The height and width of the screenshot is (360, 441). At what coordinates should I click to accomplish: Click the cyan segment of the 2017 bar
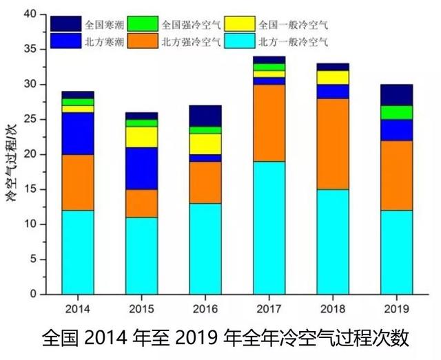click(x=269, y=228)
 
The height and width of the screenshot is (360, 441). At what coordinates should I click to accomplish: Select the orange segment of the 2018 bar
click(x=332, y=144)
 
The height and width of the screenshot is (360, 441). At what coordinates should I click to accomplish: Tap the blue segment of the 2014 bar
click(x=77, y=133)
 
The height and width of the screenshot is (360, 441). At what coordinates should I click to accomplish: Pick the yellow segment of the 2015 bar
click(x=141, y=137)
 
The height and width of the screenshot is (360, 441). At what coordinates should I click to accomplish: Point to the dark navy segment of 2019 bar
click(x=396, y=94)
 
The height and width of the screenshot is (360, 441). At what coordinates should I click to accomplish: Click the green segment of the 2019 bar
click(x=396, y=112)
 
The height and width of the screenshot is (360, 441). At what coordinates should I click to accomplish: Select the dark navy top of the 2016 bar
click(x=205, y=116)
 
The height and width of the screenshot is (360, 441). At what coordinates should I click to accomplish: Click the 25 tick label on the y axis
click(x=30, y=119)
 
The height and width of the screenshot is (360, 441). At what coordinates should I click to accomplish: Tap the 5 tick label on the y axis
click(x=34, y=260)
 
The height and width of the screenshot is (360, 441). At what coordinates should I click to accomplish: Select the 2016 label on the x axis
click(x=205, y=308)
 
